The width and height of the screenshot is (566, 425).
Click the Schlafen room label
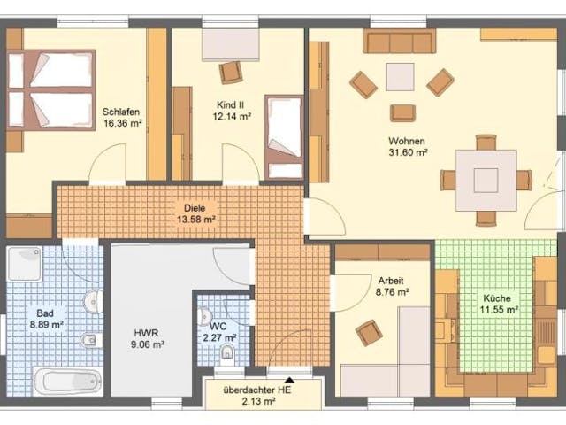(x=122, y=112)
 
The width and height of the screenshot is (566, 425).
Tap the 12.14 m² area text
(x=232, y=116)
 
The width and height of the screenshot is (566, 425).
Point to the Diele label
(x=196, y=206)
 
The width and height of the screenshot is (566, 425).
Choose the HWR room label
(x=147, y=333)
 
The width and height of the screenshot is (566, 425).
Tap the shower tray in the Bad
(x=26, y=263)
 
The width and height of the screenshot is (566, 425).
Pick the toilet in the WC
(x=226, y=354)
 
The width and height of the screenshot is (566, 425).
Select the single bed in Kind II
(x=285, y=137)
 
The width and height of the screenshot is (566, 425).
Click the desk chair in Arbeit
(x=369, y=333)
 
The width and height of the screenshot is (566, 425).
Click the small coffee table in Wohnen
(x=400, y=78)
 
